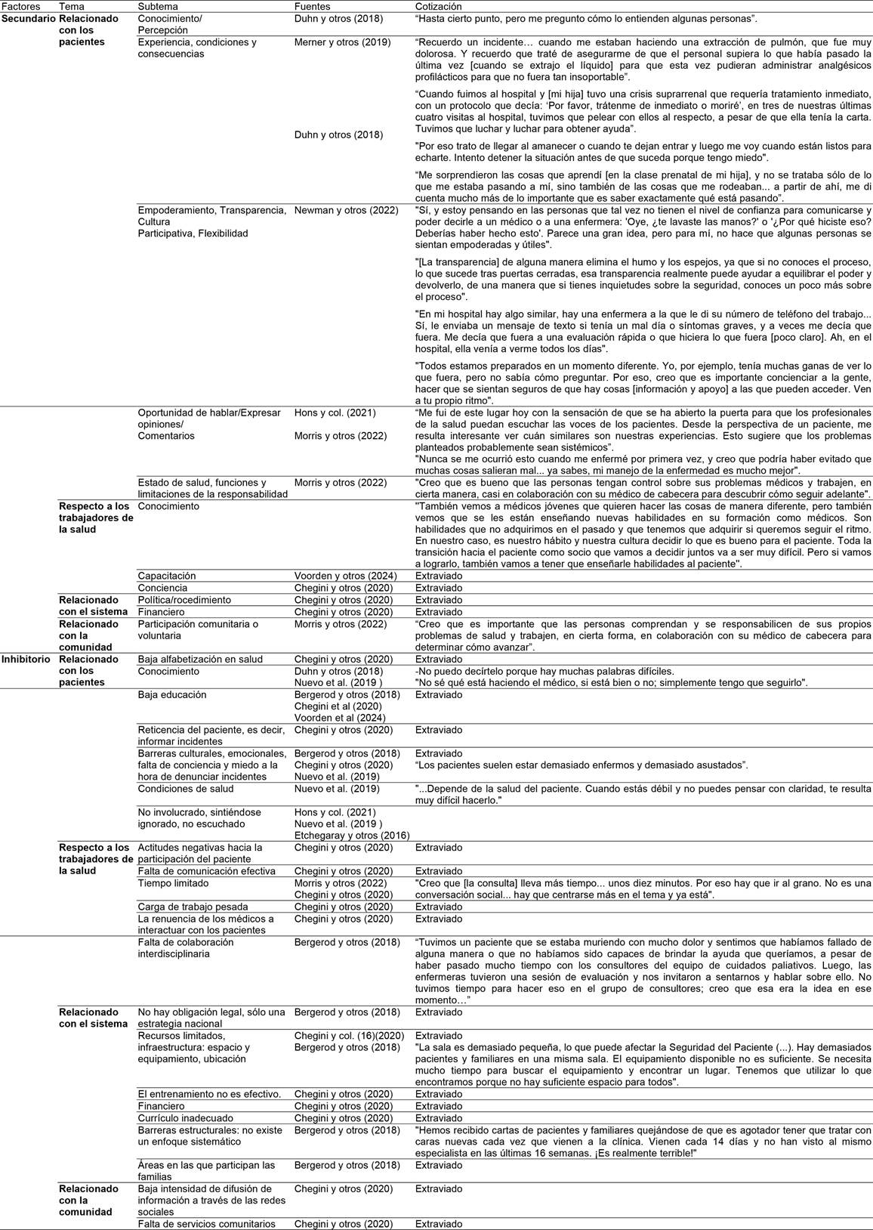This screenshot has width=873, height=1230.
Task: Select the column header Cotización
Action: click(438, 6)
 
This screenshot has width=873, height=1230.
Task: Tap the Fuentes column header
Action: click(312, 6)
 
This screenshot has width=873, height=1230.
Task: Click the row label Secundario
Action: click(29, 17)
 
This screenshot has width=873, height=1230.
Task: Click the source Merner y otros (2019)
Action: click(343, 42)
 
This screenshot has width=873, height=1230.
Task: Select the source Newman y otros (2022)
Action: click(346, 210)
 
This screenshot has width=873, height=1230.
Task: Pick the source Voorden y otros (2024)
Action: click(345, 576)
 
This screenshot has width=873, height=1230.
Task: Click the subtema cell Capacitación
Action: click(166, 576)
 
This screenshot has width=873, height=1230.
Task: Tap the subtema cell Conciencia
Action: click(162, 588)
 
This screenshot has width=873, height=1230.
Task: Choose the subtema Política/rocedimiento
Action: click(184, 600)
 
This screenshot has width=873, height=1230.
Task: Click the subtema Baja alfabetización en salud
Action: click(200, 660)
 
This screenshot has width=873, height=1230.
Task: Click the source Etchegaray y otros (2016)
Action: click(352, 836)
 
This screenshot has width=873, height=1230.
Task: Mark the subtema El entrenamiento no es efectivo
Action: click(209, 1094)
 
